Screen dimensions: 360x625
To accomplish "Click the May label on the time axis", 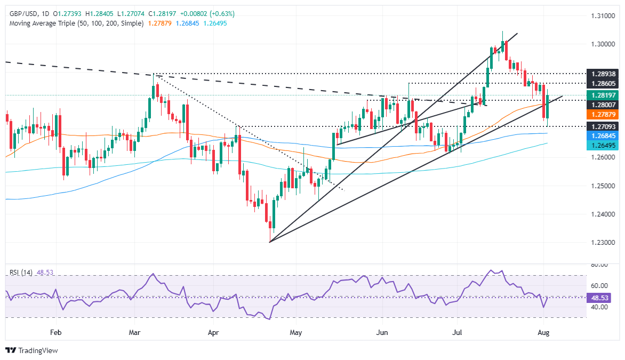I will tap(296, 332).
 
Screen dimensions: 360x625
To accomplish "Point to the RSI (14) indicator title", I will tap(21, 273).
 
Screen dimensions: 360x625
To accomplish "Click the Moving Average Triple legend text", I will tap(75, 23).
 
